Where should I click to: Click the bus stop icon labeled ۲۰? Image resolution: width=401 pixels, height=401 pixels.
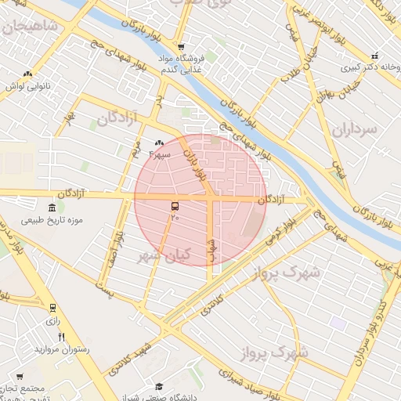(173, 205)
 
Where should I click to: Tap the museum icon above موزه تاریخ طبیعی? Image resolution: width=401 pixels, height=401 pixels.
(52, 208)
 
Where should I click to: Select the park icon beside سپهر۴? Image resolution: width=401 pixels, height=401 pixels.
(160, 143)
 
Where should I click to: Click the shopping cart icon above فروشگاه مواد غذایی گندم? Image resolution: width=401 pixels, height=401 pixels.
(181, 46)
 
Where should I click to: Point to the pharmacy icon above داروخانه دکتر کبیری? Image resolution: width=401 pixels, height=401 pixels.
(374, 56)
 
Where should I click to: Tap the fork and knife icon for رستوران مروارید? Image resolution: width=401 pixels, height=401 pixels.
(61, 337)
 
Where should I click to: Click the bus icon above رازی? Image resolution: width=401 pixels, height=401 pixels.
(52, 309)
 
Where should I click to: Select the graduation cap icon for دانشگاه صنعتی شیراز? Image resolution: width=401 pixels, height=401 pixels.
(159, 386)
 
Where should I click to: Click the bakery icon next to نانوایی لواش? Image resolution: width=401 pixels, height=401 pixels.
(28, 74)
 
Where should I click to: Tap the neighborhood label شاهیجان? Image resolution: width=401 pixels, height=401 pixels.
(30, 27)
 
